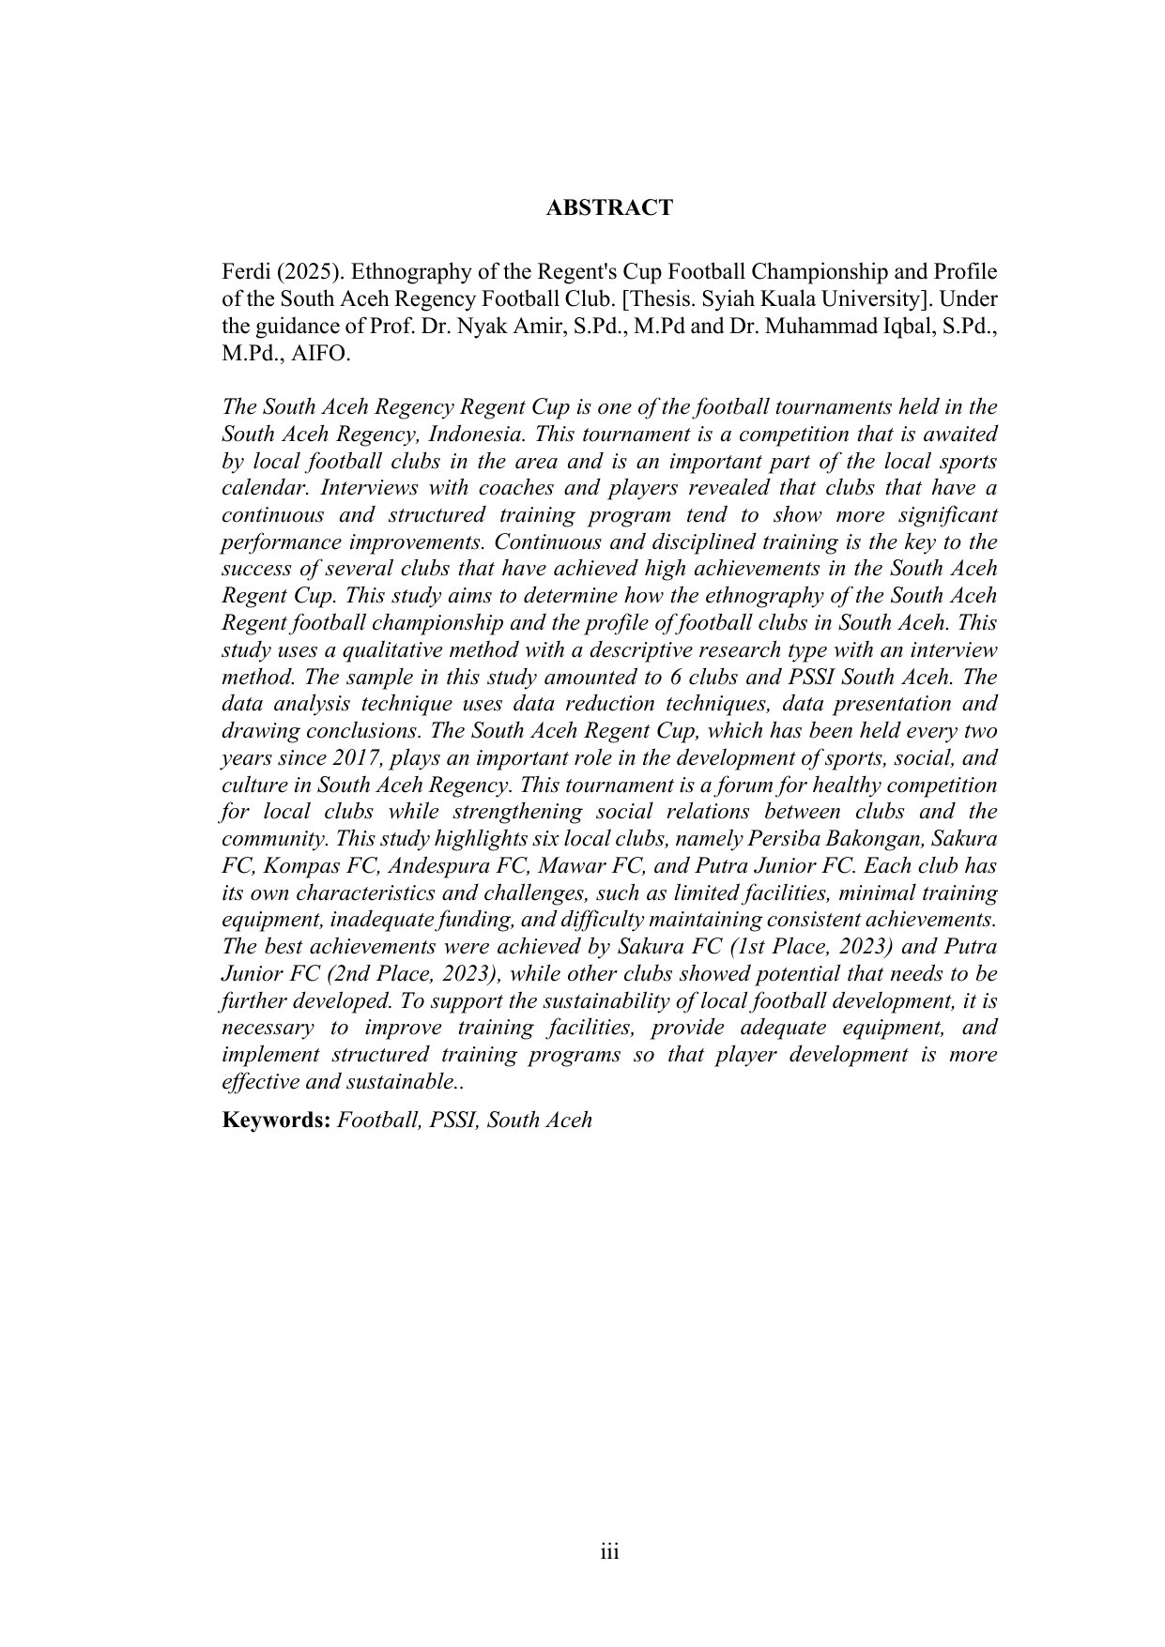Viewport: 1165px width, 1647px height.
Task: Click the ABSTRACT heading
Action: click(x=609, y=207)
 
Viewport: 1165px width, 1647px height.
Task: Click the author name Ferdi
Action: click(x=241, y=272)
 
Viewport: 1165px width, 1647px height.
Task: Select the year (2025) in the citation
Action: click(x=301, y=272)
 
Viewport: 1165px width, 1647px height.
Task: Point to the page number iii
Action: click(x=609, y=1552)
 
